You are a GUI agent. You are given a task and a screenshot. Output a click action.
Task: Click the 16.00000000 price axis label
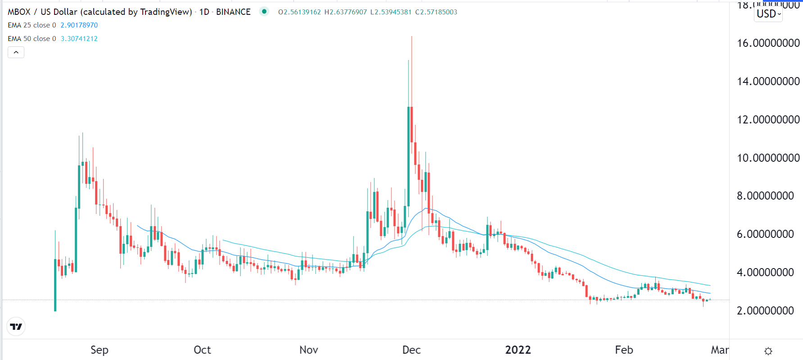click(x=768, y=43)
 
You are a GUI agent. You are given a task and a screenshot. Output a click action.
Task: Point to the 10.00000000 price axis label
click(x=768, y=158)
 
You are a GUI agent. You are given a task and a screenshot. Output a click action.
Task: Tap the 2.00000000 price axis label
click(x=765, y=311)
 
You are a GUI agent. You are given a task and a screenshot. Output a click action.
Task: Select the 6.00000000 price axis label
click(x=765, y=234)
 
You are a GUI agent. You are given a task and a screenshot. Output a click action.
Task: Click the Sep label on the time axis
click(x=100, y=350)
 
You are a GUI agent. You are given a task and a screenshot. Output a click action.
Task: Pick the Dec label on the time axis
click(x=411, y=350)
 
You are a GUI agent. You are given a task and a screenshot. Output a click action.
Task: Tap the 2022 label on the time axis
click(x=518, y=350)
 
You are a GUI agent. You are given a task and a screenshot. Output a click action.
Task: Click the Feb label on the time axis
click(x=624, y=350)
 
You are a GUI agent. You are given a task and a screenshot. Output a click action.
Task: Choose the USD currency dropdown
click(x=768, y=14)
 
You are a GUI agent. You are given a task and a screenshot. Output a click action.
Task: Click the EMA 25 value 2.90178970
click(x=79, y=25)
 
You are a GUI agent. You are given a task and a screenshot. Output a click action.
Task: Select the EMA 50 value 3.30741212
click(x=79, y=39)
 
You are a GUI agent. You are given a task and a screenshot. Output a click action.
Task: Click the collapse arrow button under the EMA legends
click(x=16, y=52)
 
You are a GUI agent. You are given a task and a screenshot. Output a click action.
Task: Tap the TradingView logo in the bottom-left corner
click(x=16, y=327)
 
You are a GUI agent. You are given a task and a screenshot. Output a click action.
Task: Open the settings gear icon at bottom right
click(x=768, y=351)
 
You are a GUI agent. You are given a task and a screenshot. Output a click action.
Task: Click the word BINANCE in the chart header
click(x=233, y=12)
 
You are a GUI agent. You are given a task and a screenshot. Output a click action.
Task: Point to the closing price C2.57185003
click(x=436, y=12)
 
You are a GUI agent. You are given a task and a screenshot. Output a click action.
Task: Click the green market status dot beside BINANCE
click(x=264, y=12)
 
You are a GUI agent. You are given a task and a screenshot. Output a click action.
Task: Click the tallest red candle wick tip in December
click(x=412, y=37)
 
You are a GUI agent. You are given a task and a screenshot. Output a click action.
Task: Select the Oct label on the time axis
click(x=202, y=350)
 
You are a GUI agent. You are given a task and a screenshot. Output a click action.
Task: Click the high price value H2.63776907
click(x=345, y=12)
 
